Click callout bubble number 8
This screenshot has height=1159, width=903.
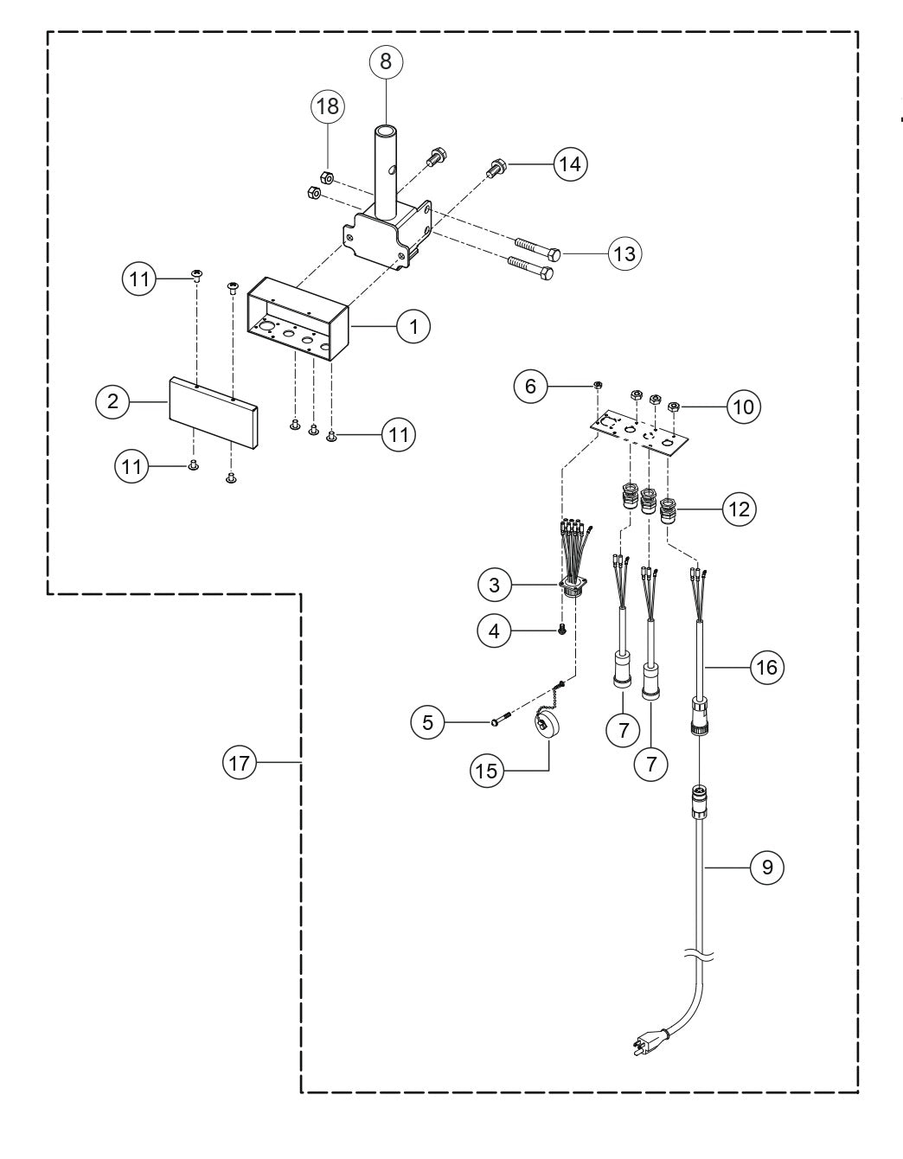coord(386,61)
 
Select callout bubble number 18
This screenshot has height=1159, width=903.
coord(329,107)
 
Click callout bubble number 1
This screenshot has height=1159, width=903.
coord(413,326)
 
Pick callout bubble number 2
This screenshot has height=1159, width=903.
coord(112,401)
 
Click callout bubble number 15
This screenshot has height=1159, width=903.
coord(488,770)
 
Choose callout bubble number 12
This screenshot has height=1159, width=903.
coord(740,509)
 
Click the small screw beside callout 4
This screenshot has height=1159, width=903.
coord(561,631)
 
